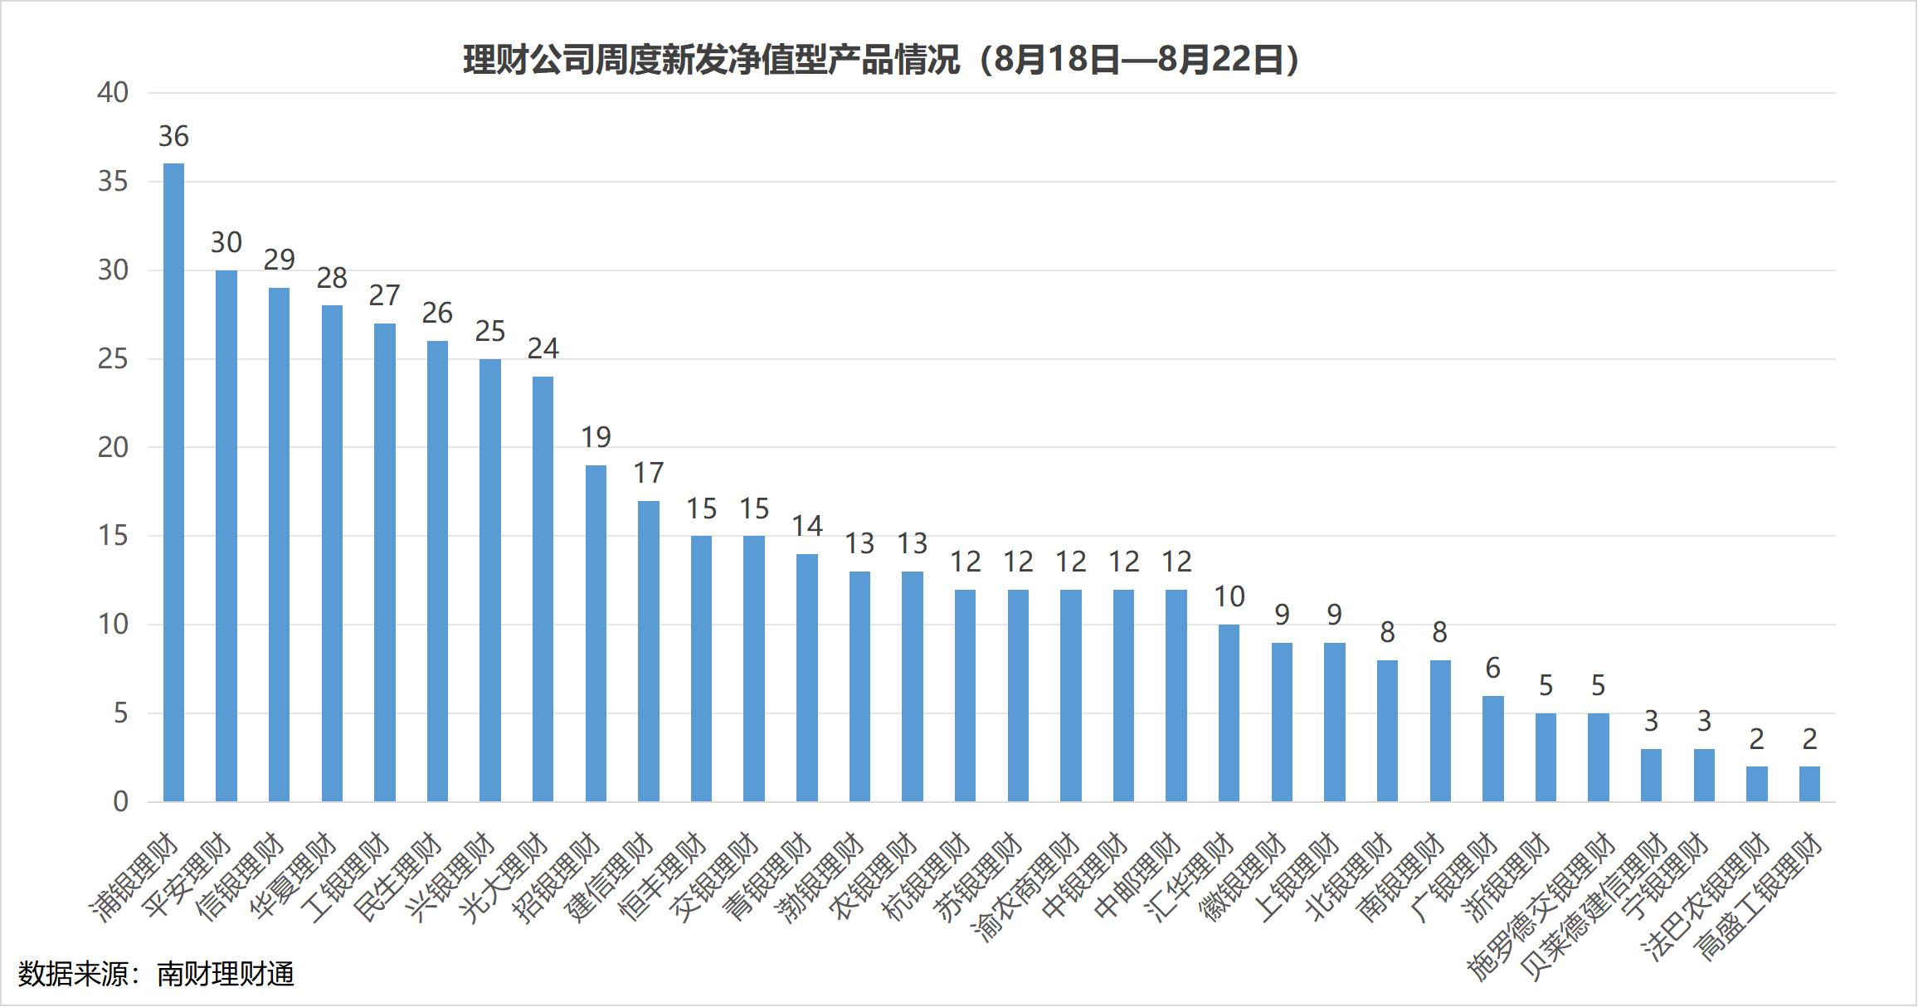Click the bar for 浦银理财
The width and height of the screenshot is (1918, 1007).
(173, 481)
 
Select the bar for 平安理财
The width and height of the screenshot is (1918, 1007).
(226, 535)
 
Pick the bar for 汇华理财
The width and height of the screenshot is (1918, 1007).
(1229, 713)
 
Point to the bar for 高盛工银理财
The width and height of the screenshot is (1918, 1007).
(1809, 784)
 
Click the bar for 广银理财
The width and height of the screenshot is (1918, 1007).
(1492, 748)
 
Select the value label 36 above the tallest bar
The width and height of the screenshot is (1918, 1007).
(173, 136)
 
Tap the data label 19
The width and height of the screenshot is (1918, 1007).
(596, 437)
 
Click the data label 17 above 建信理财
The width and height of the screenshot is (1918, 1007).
(649, 473)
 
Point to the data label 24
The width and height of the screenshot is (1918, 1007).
(543, 348)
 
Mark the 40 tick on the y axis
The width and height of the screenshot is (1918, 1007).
(113, 92)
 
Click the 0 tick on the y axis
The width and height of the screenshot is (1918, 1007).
(120, 801)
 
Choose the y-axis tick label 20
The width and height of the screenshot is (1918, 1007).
(113, 447)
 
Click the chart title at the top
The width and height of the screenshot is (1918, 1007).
(881, 60)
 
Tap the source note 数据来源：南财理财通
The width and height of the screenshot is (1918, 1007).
(157, 974)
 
